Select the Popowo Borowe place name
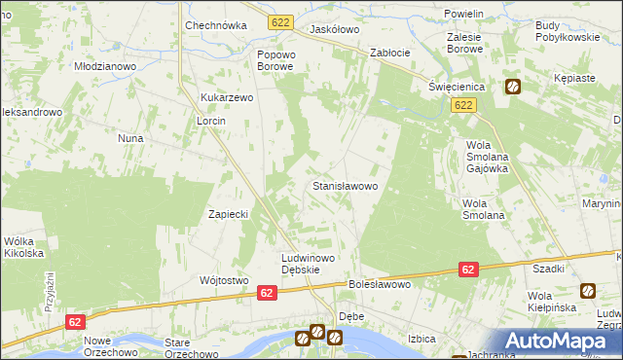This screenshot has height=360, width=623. pyautogui.click(x=275, y=60)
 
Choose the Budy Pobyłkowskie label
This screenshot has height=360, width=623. pyautogui.click(x=567, y=30)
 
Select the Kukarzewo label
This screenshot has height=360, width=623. pyautogui.click(x=227, y=98)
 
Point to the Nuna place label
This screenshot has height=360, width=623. pyautogui.click(x=130, y=138)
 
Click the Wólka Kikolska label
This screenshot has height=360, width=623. pyautogui.click(x=24, y=247)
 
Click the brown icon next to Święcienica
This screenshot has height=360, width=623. pyautogui.click(x=512, y=87)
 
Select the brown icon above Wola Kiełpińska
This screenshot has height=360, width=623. pyautogui.click(x=588, y=290)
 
